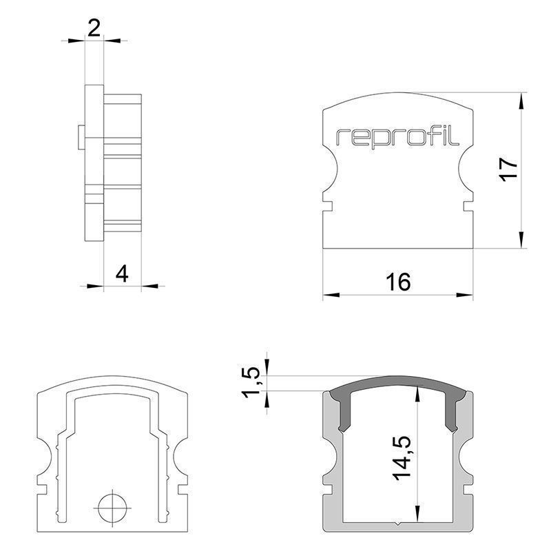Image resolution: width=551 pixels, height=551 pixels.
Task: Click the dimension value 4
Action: click(x=122, y=273)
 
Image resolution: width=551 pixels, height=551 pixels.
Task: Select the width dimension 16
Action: click(x=398, y=282)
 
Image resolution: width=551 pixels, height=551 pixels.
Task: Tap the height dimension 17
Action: click(x=508, y=169)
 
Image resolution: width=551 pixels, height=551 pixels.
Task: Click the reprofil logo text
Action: click(x=397, y=137)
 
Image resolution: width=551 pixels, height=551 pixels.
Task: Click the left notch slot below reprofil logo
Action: click(x=326, y=205)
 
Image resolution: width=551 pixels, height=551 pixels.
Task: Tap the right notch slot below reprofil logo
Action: click(x=469, y=205)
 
